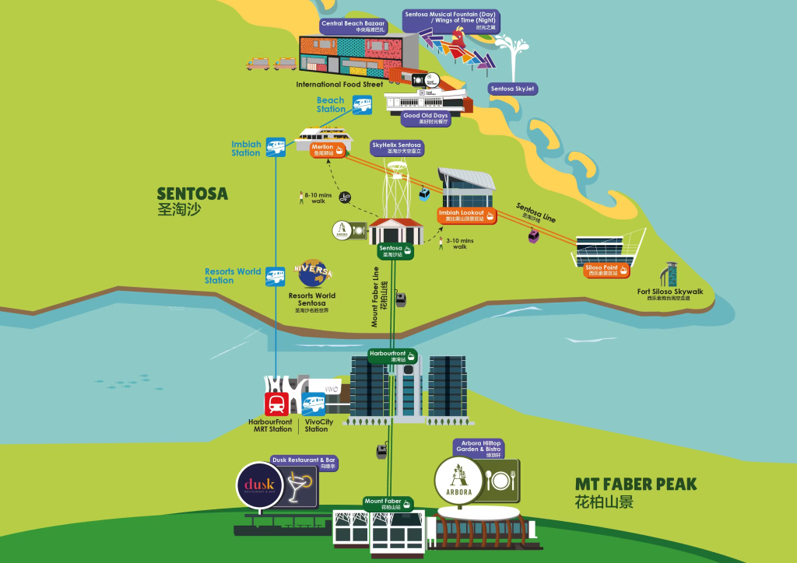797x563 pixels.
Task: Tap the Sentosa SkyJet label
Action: [513, 89]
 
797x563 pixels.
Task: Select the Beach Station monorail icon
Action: [362, 104]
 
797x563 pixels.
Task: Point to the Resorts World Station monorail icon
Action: [276, 275]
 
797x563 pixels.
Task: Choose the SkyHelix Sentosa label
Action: [397, 148]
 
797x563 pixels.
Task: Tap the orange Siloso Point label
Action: [606, 270]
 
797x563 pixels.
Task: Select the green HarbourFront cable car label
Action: [392, 356]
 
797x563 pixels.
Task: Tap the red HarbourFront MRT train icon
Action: [276, 404]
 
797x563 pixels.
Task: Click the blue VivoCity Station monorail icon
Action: [314, 404]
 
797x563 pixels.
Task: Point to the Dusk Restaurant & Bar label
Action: [304, 463]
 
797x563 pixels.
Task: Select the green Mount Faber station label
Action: [388, 503]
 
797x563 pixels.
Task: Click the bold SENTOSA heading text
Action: [192, 194]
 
